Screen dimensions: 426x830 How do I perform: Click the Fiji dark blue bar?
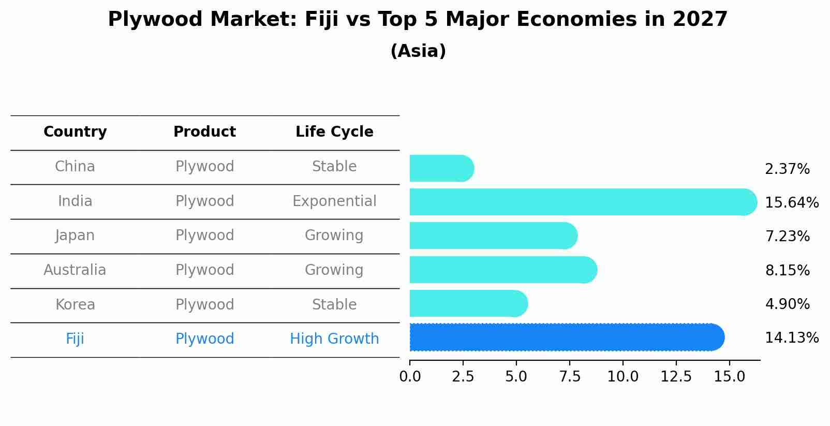coord(567,337)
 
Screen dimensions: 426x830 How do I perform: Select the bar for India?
coord(583,202)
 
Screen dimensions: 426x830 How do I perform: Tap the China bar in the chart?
coord(441,168)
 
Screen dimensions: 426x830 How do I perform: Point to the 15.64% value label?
coord(791,202)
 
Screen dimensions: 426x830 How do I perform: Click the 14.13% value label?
coord(791,338)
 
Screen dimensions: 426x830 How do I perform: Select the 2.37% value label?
coord(787,169)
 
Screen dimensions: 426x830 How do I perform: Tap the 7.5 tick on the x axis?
coord(569,377)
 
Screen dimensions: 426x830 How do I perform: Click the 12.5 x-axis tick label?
coord(676,377)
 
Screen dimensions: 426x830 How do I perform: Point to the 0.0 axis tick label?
coord(410,377)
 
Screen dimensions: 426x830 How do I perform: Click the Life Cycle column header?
coord(334,132)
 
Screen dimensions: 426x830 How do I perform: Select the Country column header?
coord(75,132)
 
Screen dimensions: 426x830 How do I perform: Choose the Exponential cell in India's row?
coord(334,201)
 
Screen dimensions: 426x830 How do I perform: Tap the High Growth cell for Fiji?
coord(334,339)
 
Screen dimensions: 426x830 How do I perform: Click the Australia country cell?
coord(75,270)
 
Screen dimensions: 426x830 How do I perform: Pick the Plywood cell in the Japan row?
coord(204,235)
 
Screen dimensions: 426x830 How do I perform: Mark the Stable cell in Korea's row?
coord(334,304)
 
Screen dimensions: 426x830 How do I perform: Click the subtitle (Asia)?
coord(418,51)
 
